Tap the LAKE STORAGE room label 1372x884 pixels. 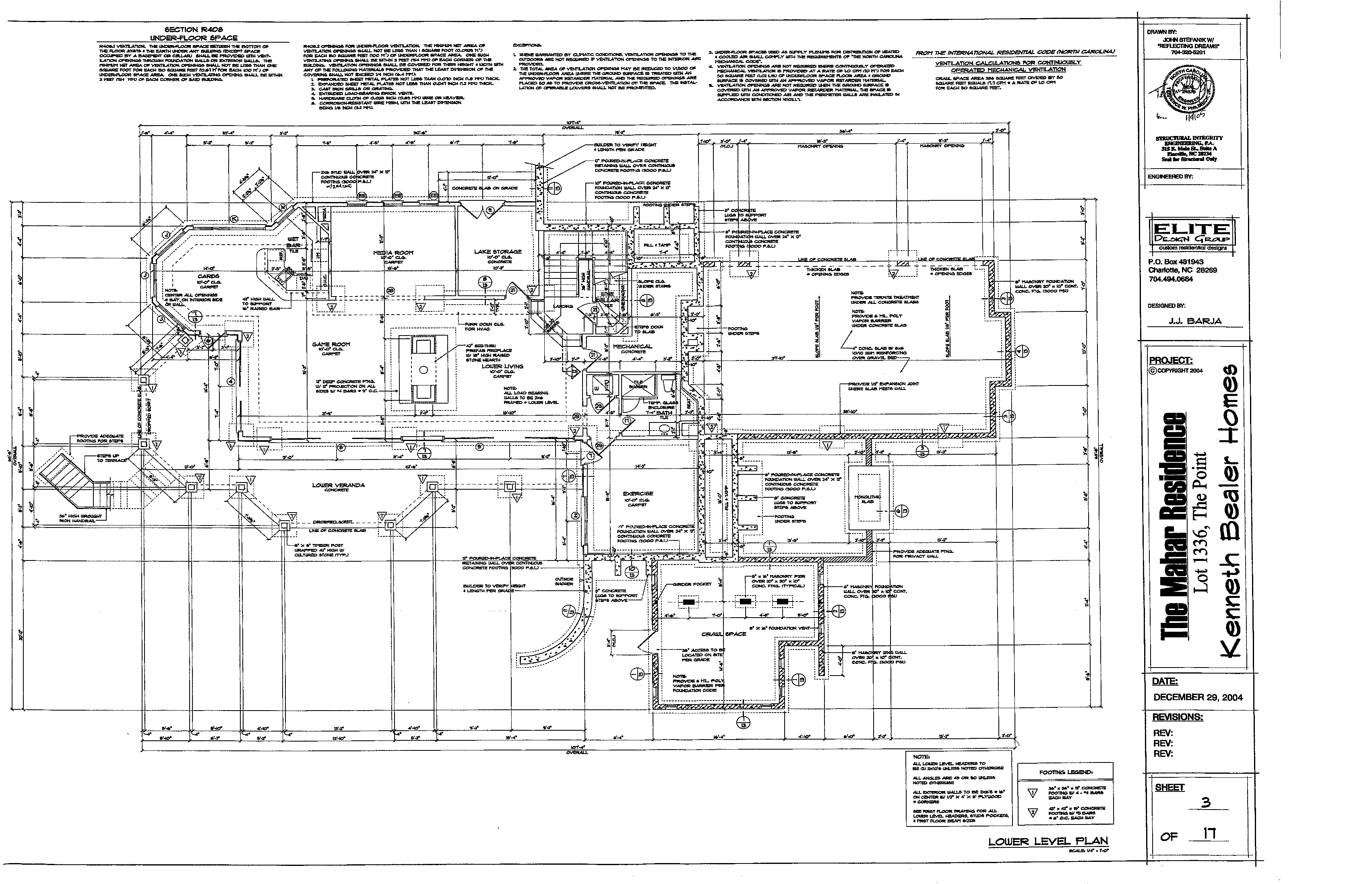pyautogui.click(x=497, y=251)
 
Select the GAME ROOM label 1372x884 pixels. pyautogui.click(x=331, y=344)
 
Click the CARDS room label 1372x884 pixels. pyautogui.click(x=209, y=276)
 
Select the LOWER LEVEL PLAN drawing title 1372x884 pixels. pyautogui.click(x=1048, y=841)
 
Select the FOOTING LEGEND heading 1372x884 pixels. pyautogui.click(x=1065, y=772)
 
